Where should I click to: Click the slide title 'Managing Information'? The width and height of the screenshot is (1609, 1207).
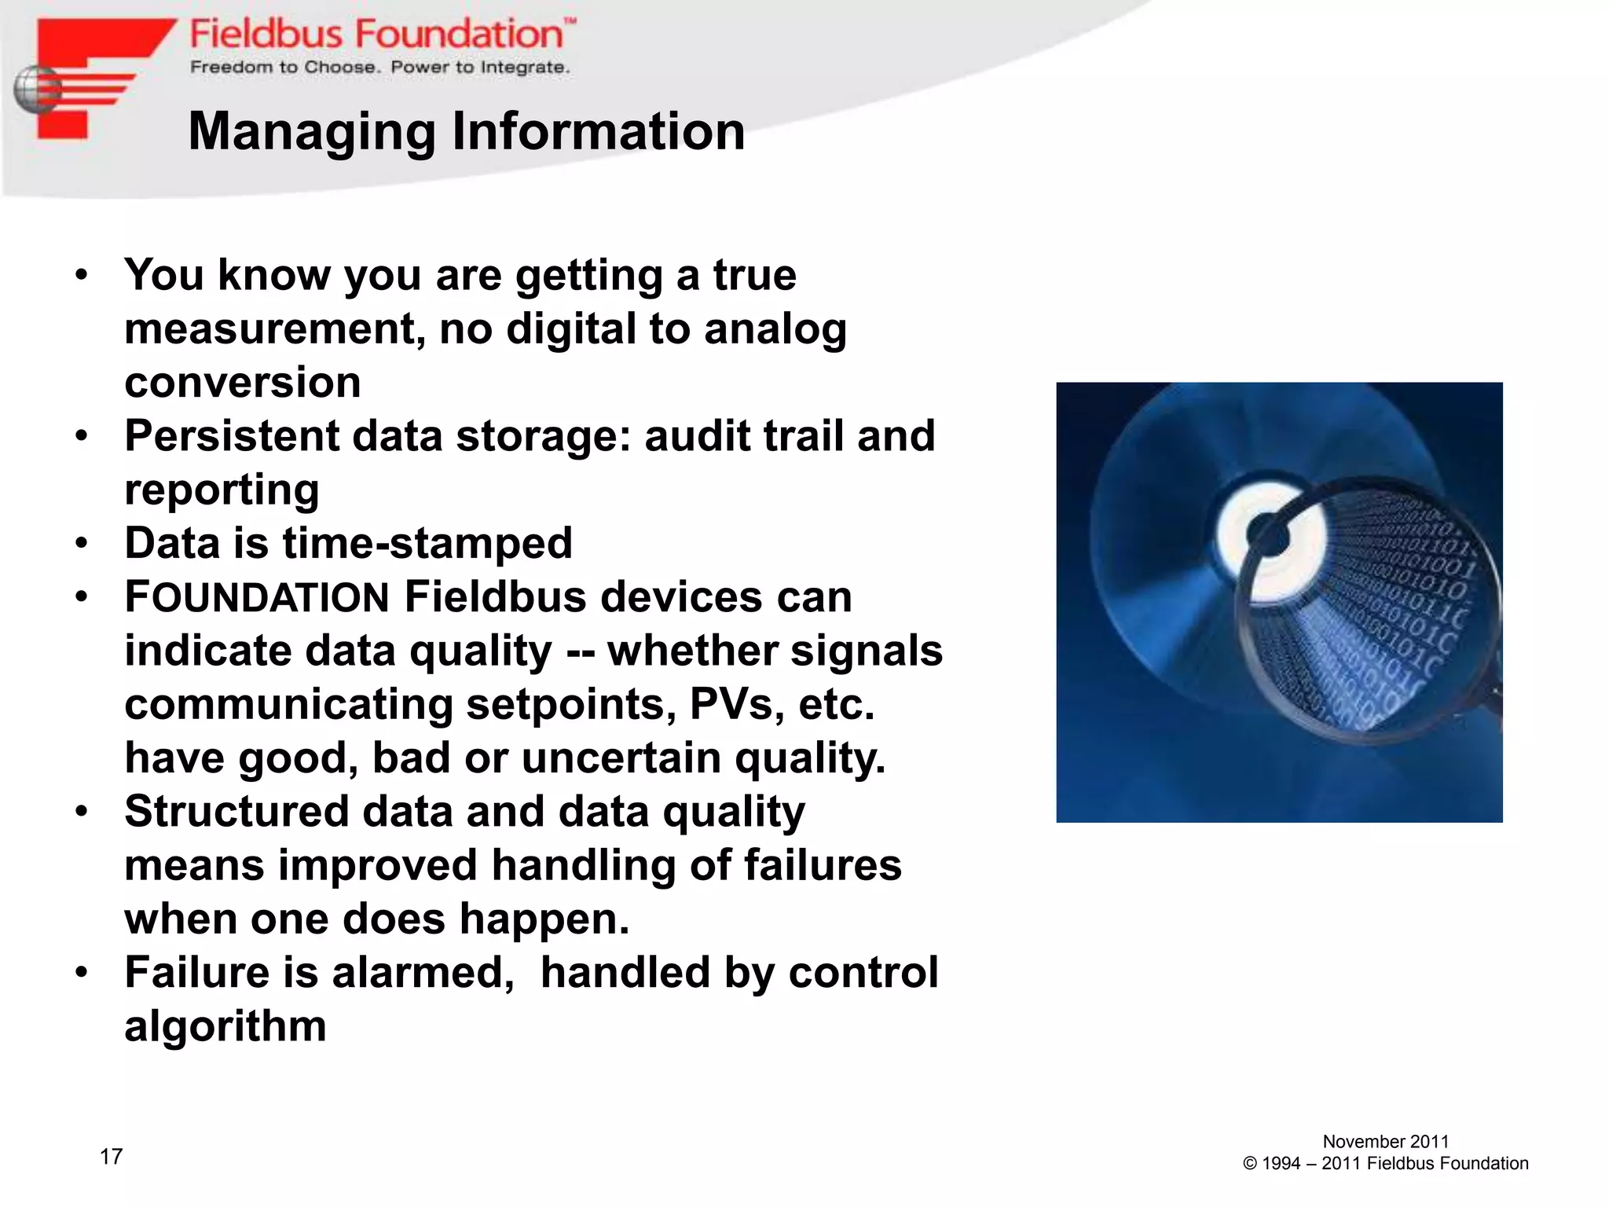pyautogui.click(x=467, y=131)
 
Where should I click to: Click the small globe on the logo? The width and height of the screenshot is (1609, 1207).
pyautogui.click(x=36, y=90)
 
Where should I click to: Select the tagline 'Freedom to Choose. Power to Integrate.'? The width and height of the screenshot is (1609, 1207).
pyautogui.click(x=379, y=68)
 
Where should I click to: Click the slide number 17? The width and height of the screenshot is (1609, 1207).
pyautogui.click(x=111, y=1157)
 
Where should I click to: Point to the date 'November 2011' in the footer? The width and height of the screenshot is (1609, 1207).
pyautogui.click(x=1385, y=1142)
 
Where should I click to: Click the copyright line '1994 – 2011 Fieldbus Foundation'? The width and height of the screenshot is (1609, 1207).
pyautogui.click(x=1385, y=1164)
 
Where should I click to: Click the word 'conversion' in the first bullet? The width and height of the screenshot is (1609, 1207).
pyautogui.click(x=243, y=383)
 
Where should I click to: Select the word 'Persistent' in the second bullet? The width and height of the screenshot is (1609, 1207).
pyautogui.click(x=231, y=436)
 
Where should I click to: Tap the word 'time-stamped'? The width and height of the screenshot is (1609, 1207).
pyautogui.click(x=427, y=544)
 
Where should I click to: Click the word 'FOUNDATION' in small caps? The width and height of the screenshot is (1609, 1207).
pyautogui.click(x=257, y=598)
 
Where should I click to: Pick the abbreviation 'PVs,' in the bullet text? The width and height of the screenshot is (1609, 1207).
pyautogui.click(x=737, y=704)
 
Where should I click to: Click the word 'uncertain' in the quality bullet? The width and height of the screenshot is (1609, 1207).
pyautogui.click(x=621, y=758)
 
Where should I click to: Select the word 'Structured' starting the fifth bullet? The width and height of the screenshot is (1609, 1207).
pyautogui.click(x=236, y=812)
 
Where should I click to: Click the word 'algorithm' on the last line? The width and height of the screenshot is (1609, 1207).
pyautogui.click(x=225, y=1026)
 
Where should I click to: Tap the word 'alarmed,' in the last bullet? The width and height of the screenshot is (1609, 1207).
pyautogui.click(x=423, y=973)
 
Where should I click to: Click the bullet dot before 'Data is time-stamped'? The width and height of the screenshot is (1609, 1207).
pyautogui.click(x=82, y=544)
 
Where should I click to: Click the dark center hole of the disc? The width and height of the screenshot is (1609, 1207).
pyautogui.click(x=1267, y=537)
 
